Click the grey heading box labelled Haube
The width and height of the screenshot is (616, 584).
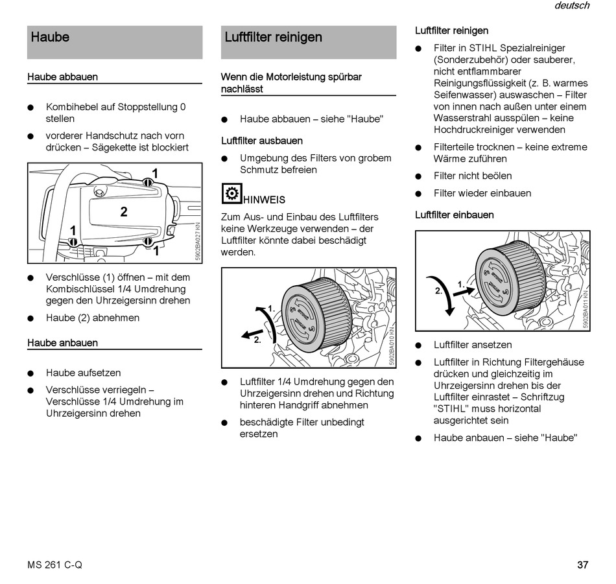114,41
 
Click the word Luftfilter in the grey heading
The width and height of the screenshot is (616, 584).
248,37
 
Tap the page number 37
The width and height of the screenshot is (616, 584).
582,565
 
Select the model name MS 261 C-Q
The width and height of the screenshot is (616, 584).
55,565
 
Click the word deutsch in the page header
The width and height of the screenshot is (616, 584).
572,6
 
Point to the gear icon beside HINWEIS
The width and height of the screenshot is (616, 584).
231,194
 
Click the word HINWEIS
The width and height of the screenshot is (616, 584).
264,200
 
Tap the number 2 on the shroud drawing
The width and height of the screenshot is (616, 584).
123,211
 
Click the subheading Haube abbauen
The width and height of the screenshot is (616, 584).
62,76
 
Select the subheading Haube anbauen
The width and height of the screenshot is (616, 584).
62,342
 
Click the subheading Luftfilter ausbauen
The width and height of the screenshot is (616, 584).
261,140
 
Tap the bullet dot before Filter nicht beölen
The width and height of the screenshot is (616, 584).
419,176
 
